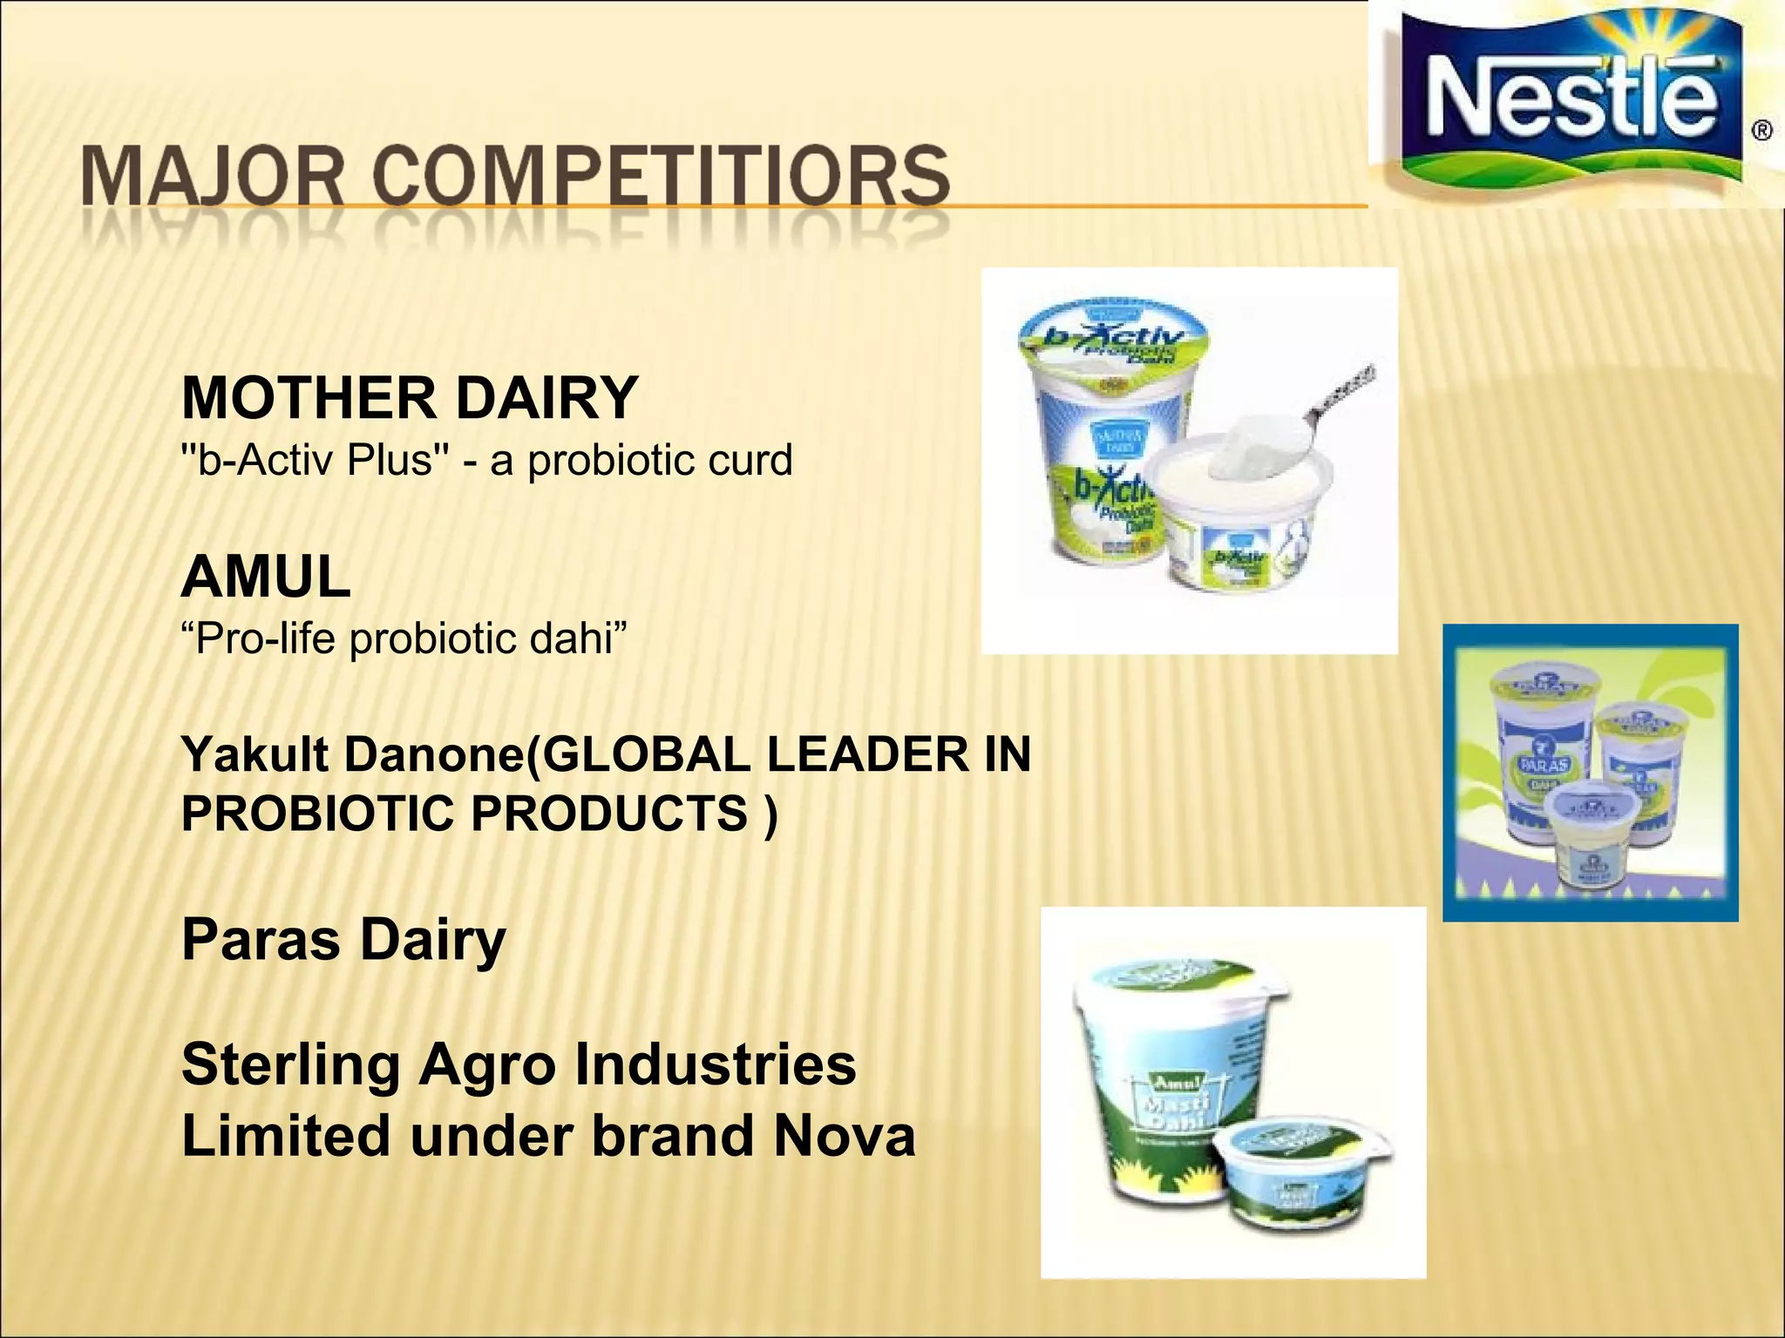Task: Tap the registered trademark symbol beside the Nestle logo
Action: pos(1761,132)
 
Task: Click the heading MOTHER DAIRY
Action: pos(410,398)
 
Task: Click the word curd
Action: pos(750,460)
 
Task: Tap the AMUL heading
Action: pos(266,577)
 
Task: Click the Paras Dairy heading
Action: pos(343,940)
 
